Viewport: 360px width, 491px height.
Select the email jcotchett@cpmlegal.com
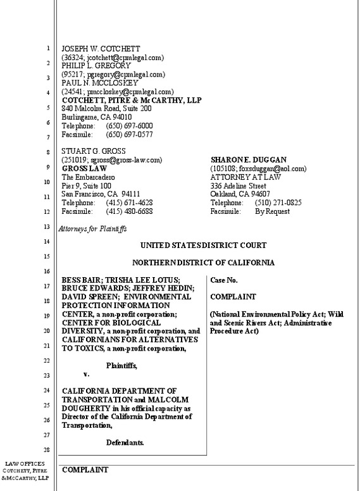[x=124, y=58]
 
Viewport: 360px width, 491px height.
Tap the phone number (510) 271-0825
[x=278, y=203]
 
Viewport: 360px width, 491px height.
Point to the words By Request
[x=271, y=211]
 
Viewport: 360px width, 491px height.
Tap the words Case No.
[x=225, y=279]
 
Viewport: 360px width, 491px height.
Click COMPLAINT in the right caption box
[x=232, y=296]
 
